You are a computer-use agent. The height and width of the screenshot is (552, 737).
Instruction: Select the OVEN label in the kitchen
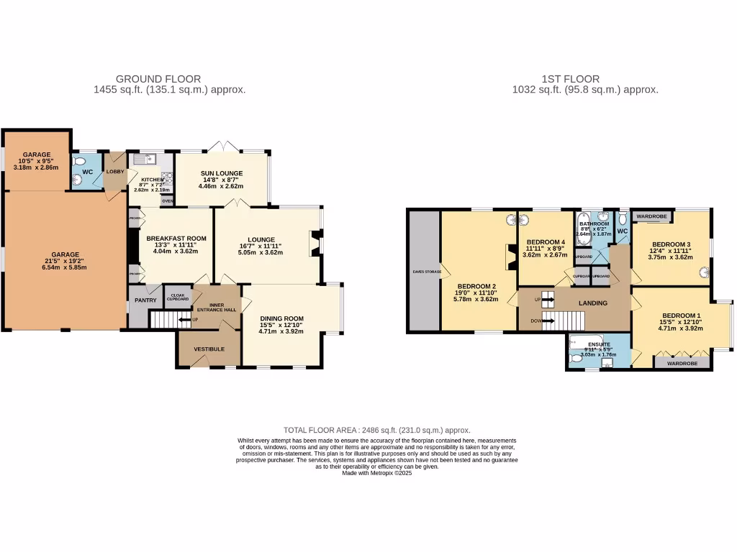click(167, 201)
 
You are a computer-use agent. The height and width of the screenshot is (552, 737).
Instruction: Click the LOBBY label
click(115, 172)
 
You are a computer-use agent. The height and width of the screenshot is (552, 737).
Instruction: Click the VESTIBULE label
click(208, 349)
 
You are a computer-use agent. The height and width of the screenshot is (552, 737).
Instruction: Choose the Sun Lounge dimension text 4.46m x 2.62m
click(221, 186)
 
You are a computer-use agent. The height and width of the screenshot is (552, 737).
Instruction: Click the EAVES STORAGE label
click(422, 271)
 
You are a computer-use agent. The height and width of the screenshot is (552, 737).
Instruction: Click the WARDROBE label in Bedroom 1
click(682, 364)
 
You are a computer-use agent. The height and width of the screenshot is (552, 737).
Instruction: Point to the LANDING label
click(593, 303)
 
